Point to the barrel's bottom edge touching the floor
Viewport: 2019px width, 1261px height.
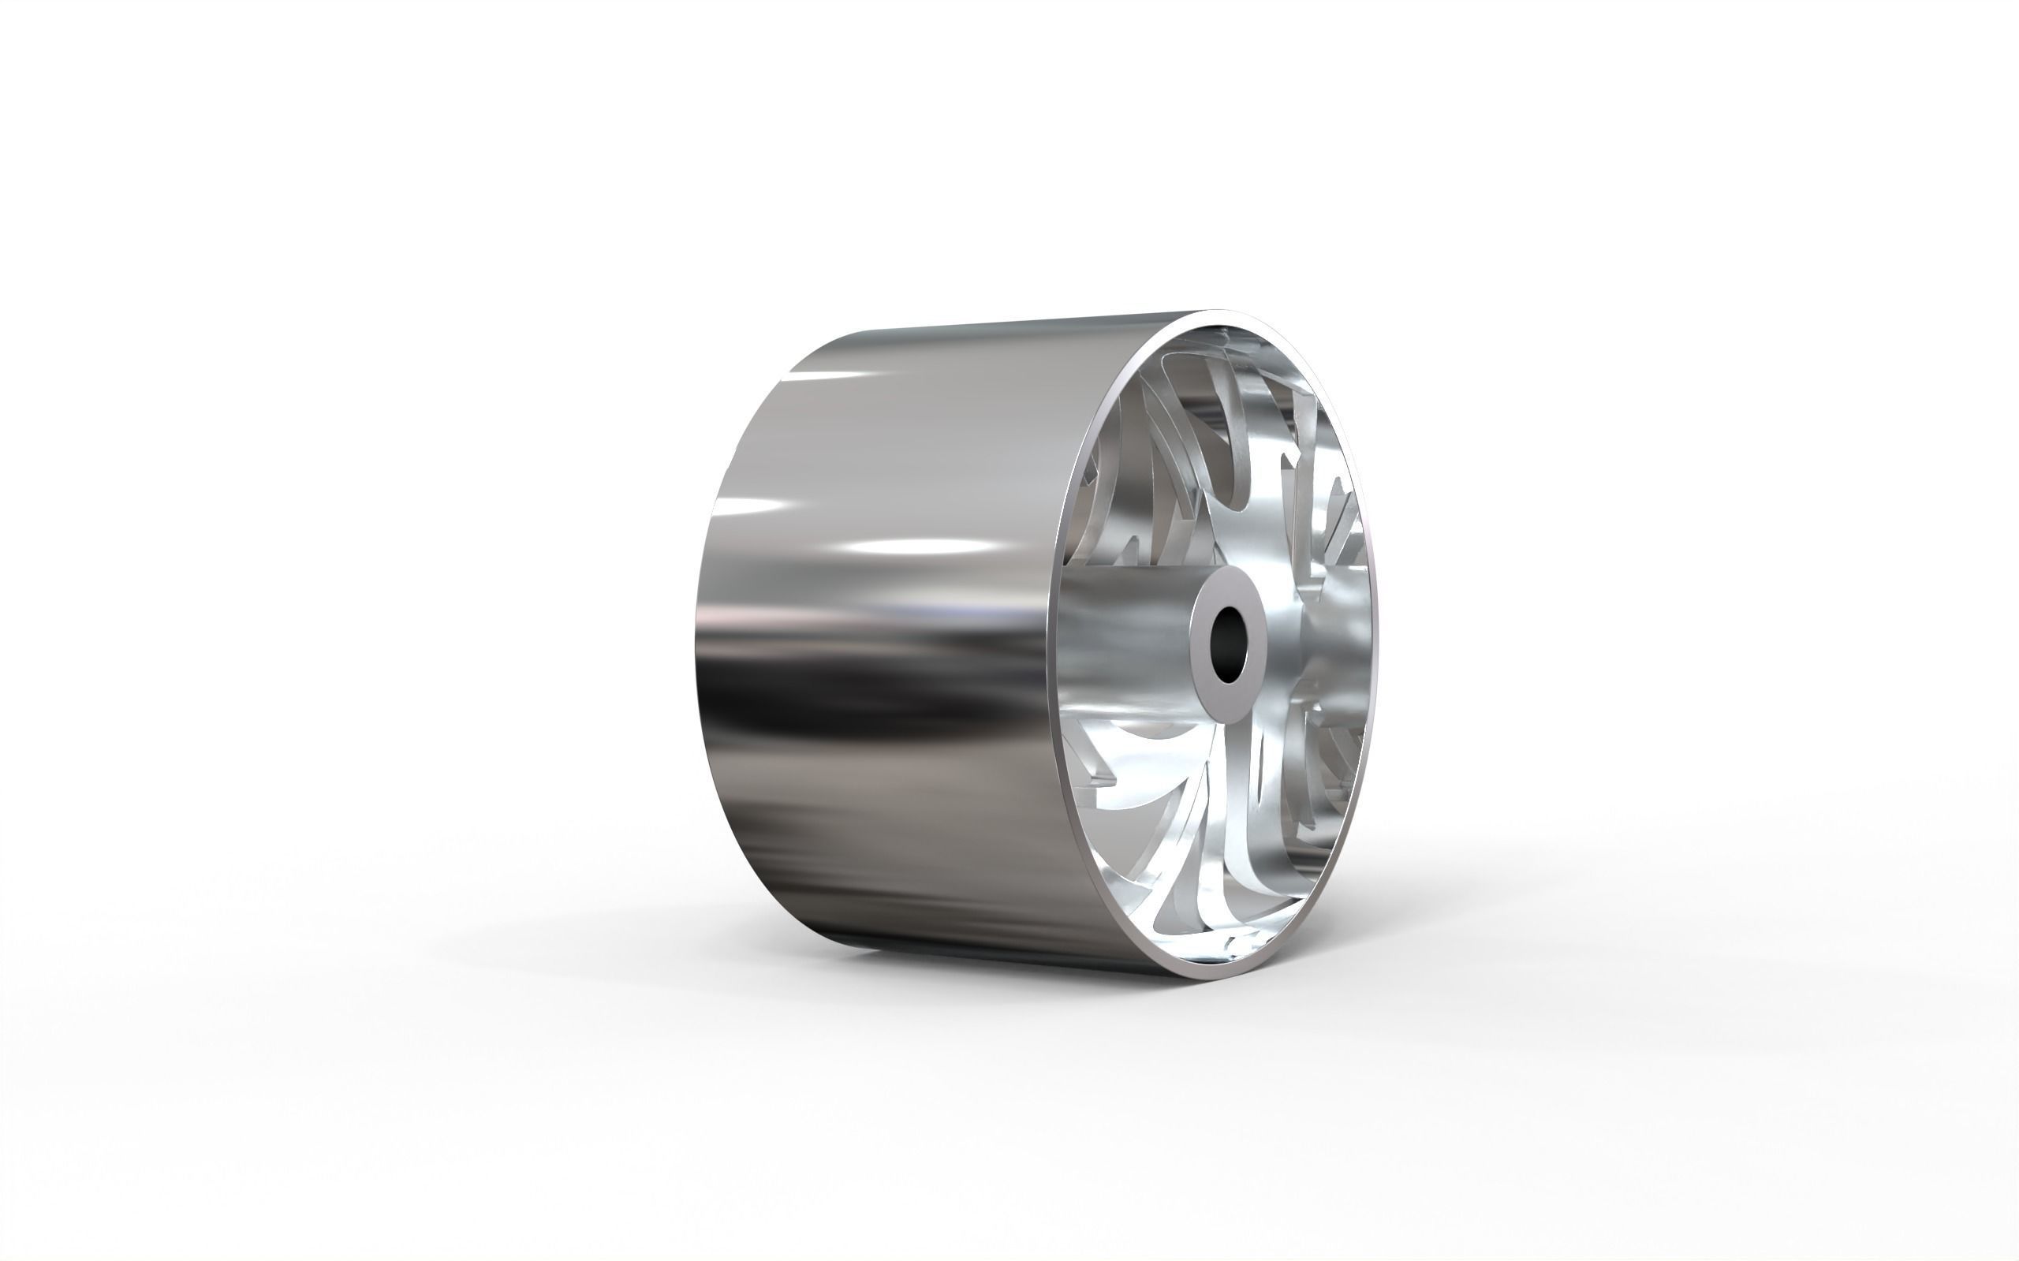[x=1001, y=968]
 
